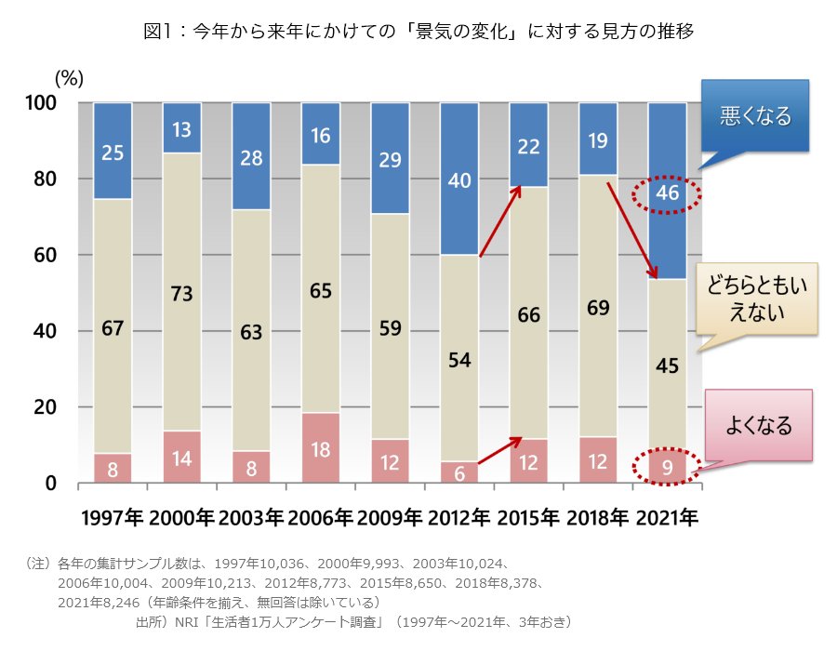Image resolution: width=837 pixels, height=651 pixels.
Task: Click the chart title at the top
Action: [418, 31]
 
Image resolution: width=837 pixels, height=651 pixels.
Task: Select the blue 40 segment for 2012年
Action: [458, 180]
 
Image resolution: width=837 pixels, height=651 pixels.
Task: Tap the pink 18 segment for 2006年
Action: [320, 448]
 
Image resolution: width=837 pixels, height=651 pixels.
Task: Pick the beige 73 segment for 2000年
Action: [181, 292]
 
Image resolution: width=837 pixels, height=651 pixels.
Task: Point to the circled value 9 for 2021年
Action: [666, 465]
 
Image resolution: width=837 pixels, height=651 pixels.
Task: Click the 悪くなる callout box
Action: [755, 116]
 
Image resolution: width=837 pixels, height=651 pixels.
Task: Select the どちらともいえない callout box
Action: [755, 299]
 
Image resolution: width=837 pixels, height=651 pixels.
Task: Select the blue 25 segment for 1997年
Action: [113, 152]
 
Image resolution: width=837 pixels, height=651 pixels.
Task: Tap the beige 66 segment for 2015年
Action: [528, 315]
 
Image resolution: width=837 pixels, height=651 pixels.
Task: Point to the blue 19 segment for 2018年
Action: [597, 139]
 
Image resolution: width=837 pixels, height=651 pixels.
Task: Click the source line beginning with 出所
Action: [353, 620]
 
